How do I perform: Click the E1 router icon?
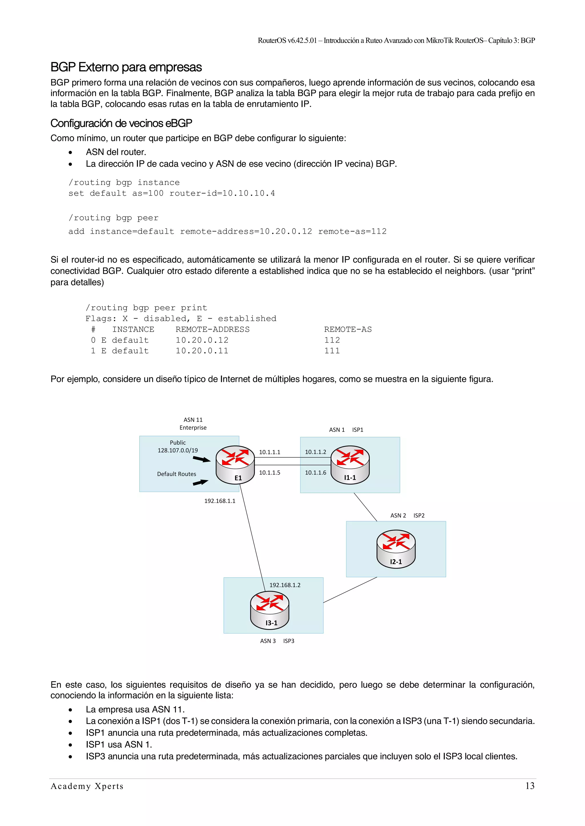click(x=235, y=465)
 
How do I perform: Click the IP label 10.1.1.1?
click(x=269, y=452)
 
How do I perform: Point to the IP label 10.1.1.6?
click(x=316, y=473)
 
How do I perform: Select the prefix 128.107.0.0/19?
click(x=178, y=450)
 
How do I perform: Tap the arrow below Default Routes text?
click(x=200, y=482)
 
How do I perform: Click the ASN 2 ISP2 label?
click(x=407, y=515)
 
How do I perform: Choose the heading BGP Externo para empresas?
click(x=126, y=67)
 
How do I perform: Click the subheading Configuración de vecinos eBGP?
click(x=121, y=124)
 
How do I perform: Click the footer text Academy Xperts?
click(x=87, y=786)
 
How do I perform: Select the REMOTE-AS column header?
click(x=348, y=329)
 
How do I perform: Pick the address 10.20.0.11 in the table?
click(x=202, y=351)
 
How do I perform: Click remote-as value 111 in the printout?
click(x=332, y=351)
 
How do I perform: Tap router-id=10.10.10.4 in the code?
click(x=222, y=194)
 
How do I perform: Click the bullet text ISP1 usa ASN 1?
click(x=119, y=745)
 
